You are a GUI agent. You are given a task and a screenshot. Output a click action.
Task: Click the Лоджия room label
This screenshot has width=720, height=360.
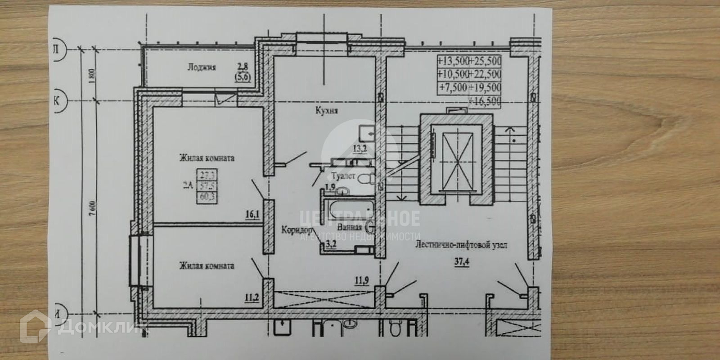pyautogui.click(x=202, y=67)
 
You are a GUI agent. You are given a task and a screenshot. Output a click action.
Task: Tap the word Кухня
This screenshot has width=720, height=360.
pyautogui.click(x=327, y=111)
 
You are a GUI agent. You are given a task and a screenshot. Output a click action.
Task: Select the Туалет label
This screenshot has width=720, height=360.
pyautogui.click(x=343, y=176)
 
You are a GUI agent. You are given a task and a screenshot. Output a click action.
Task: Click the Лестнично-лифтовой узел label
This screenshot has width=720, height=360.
pyautogui.click(x=461, y=246)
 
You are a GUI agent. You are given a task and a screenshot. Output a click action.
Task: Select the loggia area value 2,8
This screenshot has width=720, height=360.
pyautogui.click(x=243, y=67)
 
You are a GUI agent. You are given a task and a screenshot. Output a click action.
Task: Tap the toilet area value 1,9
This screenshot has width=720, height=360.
pyautogui.click(x=330, y=187)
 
